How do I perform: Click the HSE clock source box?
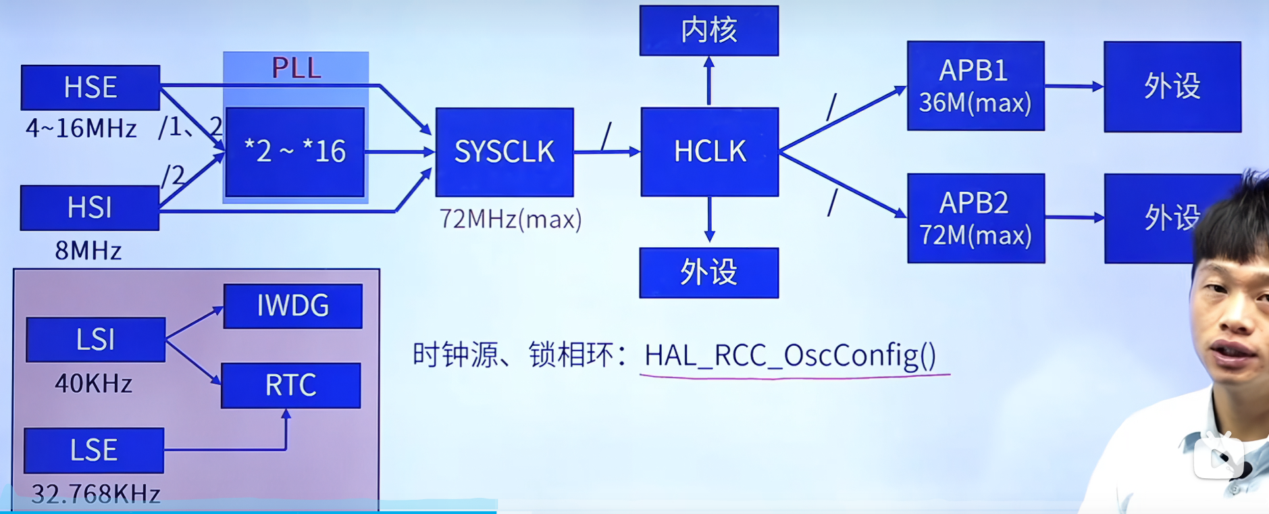(90, 87)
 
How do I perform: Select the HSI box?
(90, 208)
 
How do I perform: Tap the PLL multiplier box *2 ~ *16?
(295, 152)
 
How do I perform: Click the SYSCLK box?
(504, 152)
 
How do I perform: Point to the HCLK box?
(710, 152)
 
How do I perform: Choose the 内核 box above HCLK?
(709, 30)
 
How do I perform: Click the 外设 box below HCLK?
(709, 273)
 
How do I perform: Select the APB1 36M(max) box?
(975, 86)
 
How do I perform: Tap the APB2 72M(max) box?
(975, 218)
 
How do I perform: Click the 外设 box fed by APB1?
(1172, 86)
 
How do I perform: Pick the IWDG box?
(293, 306)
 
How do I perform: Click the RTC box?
(291, 386)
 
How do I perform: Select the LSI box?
(95, 340)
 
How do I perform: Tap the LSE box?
(94, 451)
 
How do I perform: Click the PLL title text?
(296, 68)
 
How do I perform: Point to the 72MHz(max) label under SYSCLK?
(511, 220)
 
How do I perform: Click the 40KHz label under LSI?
(94, 384)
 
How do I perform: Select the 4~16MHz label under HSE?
(81, 128)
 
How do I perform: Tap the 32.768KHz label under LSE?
(96, 494)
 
